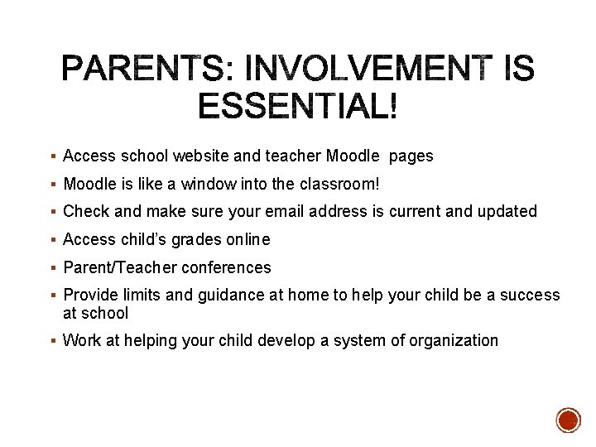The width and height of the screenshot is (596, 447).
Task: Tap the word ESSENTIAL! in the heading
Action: tap(298, 106)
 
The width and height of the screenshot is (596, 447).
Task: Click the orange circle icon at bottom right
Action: tap(569, 420)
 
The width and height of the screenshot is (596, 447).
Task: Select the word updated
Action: tap(507, 211)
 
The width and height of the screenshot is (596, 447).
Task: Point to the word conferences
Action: tap(226, 267)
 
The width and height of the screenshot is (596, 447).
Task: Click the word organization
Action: tap(454, 340)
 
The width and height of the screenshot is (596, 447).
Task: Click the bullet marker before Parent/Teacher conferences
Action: tap(53, 267)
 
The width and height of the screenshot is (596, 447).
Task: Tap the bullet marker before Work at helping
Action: tap(53, 340)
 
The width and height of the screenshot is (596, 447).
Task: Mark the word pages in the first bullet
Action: tap(411, 156)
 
